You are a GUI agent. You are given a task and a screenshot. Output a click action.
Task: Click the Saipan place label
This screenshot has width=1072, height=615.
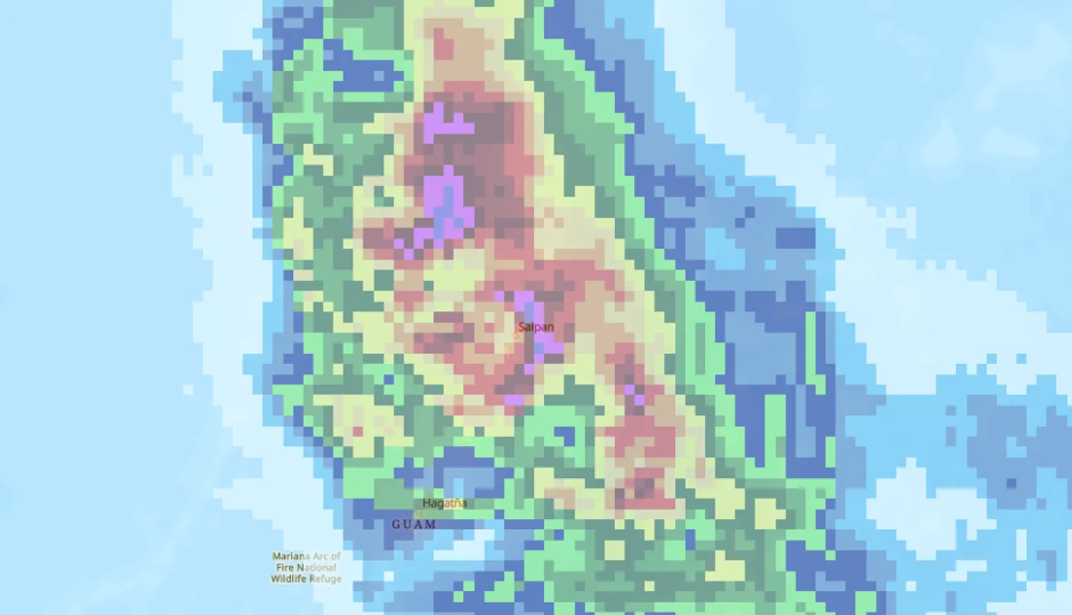pos(536,327)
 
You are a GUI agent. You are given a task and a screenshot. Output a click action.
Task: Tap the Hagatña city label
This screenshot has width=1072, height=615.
pos(444,503)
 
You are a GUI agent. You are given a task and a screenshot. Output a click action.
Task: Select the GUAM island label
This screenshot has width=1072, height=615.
pos(414,524)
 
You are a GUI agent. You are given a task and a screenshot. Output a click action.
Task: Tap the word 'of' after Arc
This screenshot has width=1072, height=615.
pos(336,556)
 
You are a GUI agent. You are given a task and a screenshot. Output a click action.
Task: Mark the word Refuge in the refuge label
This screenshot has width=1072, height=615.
pos(325,579)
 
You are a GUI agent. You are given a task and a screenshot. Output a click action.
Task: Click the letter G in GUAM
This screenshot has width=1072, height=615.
pos(396,524)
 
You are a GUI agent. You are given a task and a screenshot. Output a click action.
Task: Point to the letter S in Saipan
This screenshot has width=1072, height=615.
pos(522,327)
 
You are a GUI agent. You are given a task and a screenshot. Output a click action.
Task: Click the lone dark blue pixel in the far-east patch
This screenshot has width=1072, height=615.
pos(1011,483)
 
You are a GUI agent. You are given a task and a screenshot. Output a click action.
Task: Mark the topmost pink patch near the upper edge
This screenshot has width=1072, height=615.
pos(444,45)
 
